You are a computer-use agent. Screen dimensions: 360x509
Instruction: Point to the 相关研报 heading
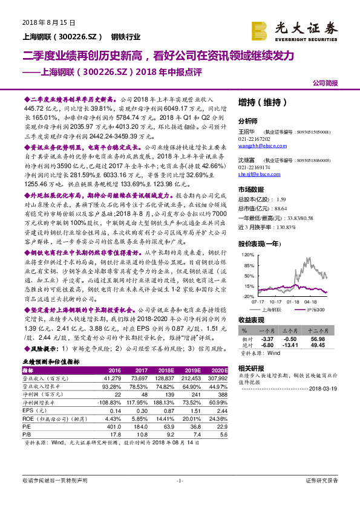(251, 368)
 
